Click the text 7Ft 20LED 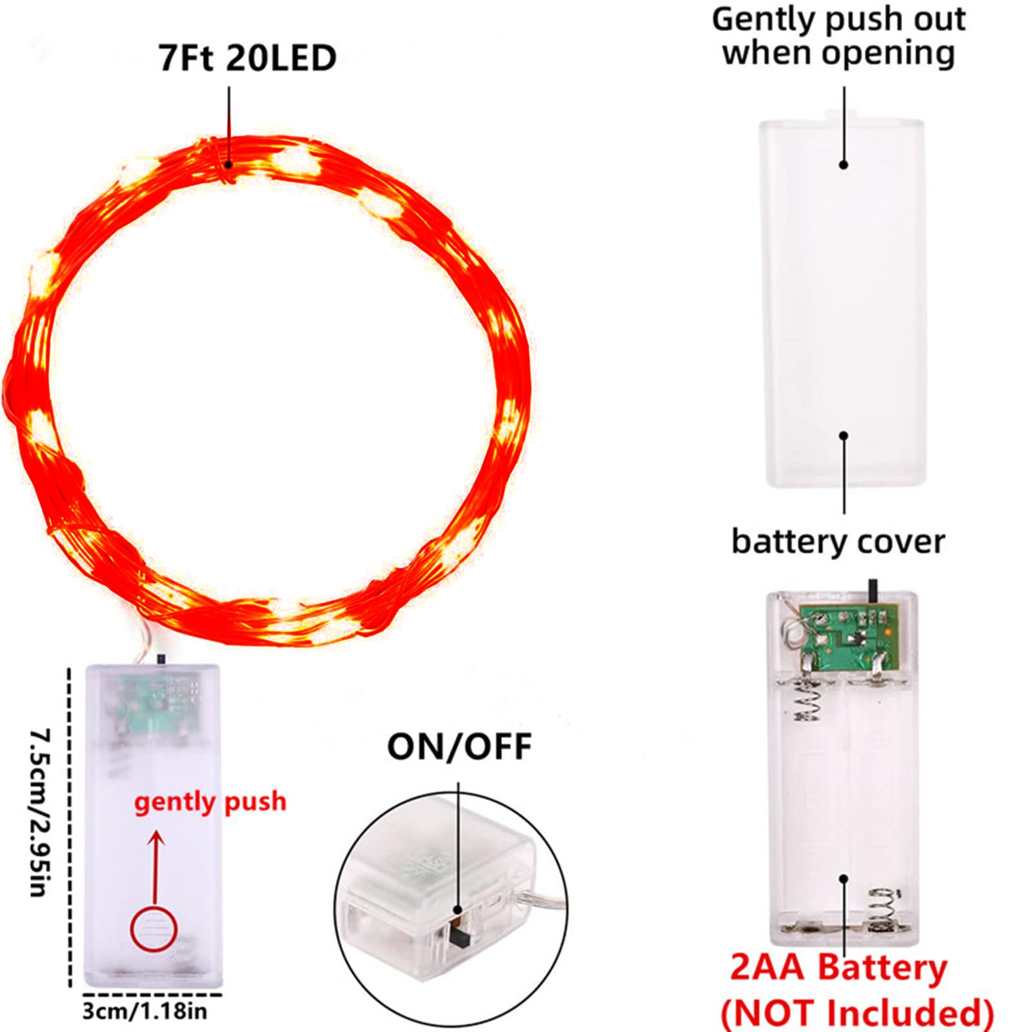point(247,57)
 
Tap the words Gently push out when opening point(838,36)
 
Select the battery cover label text point(838,542)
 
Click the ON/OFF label point(459,747)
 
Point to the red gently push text point(210,802)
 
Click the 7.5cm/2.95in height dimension point(40,813)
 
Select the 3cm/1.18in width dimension point(144,1010)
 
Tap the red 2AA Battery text point(838,967)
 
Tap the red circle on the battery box point(153,929)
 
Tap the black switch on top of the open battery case point(873,590)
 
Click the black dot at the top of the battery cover point(844,164)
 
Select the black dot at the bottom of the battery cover point(844,435)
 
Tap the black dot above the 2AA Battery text point(843,878)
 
